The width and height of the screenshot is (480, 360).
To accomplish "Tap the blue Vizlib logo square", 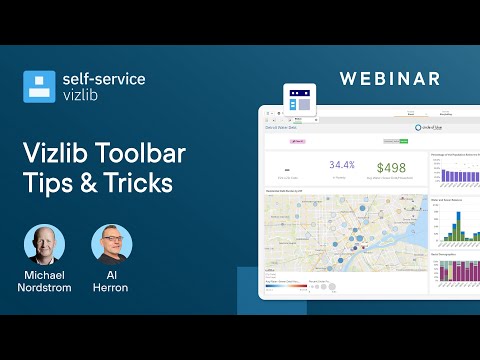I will pos(39,87).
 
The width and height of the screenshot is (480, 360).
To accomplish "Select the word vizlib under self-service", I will pos(84,97).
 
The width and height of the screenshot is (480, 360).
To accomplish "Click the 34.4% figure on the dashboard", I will pos(342,164).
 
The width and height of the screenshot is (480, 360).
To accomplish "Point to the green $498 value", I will pos(391,166).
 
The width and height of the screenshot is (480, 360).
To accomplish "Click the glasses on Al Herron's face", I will pos(112,240).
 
